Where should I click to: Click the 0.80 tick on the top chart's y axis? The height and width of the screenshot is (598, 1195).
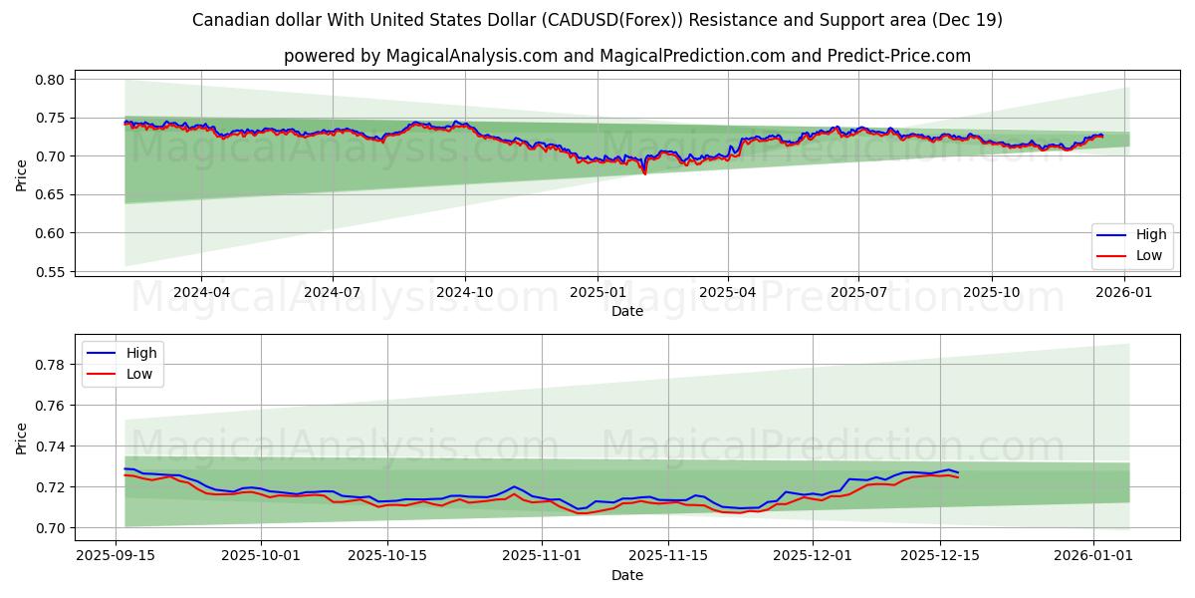point(51,80)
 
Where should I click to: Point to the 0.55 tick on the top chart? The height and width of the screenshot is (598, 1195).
point(51,272)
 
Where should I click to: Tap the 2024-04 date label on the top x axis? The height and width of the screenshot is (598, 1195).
point(201,293)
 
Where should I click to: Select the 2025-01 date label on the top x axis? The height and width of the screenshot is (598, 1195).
point(597,293)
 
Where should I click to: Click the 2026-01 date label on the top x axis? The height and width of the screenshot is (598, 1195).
point(1124,293)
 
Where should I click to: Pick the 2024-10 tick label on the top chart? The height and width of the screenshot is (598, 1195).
point(465,293)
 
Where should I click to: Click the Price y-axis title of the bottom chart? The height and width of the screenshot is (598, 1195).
point(22,438)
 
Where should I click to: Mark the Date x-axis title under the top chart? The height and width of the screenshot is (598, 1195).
point(626,311)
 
